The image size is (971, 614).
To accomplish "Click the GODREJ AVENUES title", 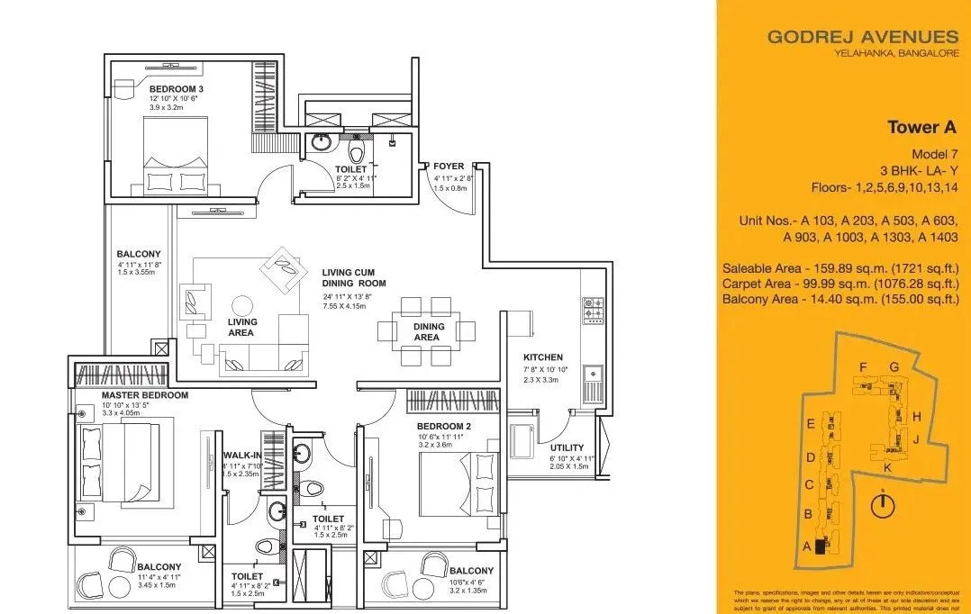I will [x=862, y=37].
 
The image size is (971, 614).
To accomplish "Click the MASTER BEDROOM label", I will [x=144, y=395].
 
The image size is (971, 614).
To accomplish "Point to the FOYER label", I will [x=449, y=167].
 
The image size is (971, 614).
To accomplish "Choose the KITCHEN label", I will [x=543, y=357].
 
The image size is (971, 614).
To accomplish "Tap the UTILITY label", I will [x=567, y=447].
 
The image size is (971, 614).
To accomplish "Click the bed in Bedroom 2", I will [x=458, y=481].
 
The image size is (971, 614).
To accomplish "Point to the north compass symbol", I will [x=884, y=505].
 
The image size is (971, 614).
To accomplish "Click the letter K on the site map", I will [x=887, y=468].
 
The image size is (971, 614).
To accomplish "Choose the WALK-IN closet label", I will [x=241, y=456].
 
